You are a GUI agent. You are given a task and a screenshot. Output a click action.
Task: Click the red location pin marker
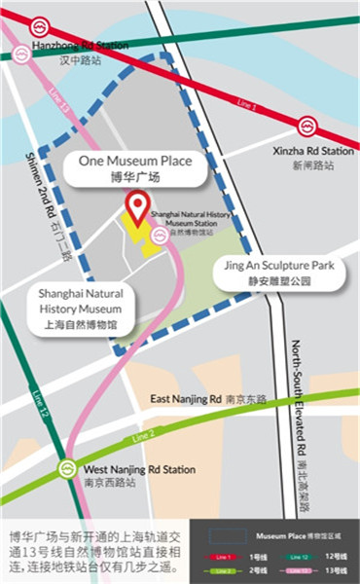point(138,205)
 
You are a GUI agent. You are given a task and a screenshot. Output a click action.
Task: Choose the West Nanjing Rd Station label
point(140,469)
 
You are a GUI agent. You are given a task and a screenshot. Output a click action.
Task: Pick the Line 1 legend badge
point(225,556)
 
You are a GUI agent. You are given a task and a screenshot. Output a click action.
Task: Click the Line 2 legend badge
point(225,570)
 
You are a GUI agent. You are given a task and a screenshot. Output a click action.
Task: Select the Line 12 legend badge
point(300,556)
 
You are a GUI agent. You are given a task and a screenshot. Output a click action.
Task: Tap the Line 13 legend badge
point(300,570)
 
